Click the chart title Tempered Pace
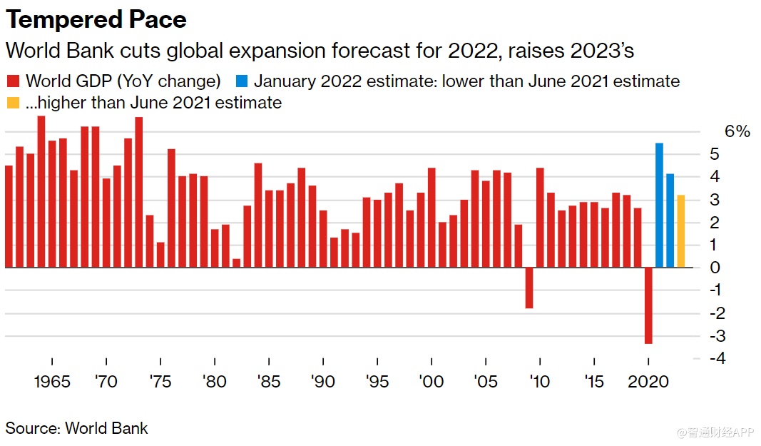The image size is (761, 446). pos(96,19)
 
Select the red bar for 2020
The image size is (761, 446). pos(648,305)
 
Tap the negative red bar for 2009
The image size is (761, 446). pos(529,288)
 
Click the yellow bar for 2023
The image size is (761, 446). pos(681,231)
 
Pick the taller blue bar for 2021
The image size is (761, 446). pos(659,206)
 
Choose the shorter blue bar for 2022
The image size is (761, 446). pos(670,221)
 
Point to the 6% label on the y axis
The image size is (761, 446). pos(737,131)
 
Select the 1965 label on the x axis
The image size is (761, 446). pos(53,382)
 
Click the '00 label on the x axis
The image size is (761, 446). pos(431,382)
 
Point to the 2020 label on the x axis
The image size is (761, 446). pos(648,382)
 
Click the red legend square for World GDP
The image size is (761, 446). pos(13,81)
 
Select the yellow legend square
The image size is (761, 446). pos(13,103)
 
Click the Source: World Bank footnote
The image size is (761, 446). pos(77,429)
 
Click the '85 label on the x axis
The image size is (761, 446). pos(268,382)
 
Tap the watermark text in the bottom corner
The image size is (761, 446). pos(716,432)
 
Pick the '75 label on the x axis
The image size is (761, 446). pos(160,382)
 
